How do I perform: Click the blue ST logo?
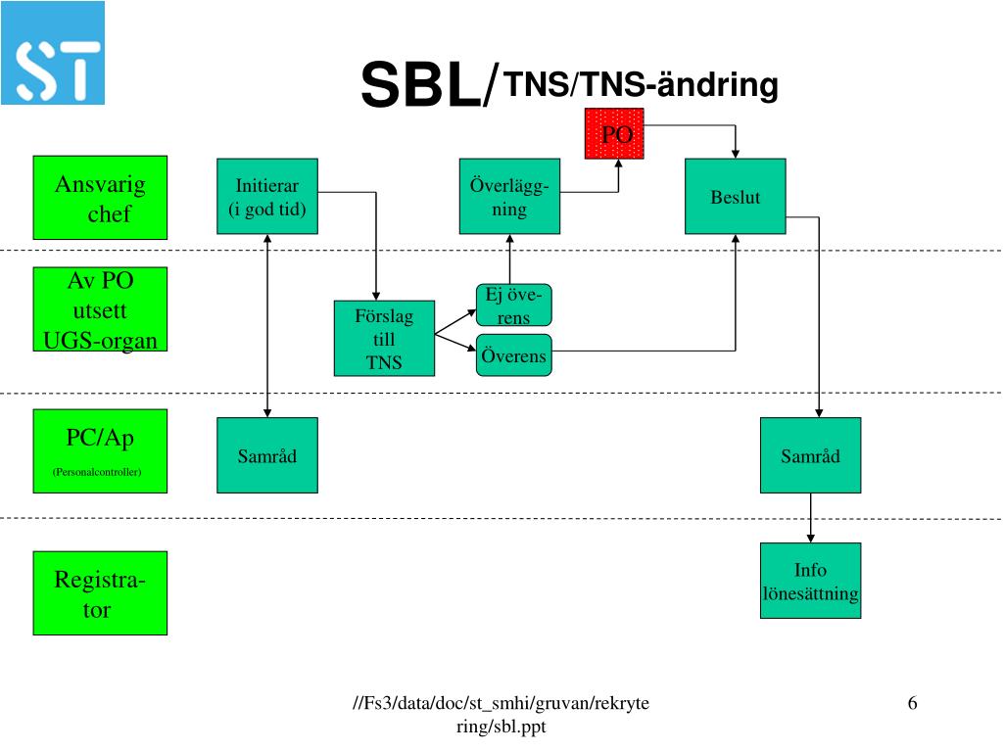coord(53,54)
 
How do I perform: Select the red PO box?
coord(614,133)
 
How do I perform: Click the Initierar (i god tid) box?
coord(267,196)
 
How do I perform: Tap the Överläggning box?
coord(509,196)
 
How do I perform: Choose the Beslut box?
coord(735,196)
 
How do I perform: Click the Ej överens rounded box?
coord(513,305)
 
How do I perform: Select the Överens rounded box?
coord(513,355)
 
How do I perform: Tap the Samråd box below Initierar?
coord(267,455)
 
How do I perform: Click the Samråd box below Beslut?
coord(810,455)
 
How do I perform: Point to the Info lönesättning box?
coord(810,581)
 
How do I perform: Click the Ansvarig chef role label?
coord(100,198)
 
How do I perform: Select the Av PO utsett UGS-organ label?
coord(100,309)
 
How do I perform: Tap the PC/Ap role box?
coord(100,450)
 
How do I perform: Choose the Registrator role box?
coord(100,593)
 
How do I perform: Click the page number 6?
coord(912,703)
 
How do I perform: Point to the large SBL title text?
coord(428,86)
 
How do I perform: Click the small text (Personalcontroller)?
coord(97,472)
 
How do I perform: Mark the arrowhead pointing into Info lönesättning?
coord(810,538)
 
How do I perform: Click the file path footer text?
coord(501,715)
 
